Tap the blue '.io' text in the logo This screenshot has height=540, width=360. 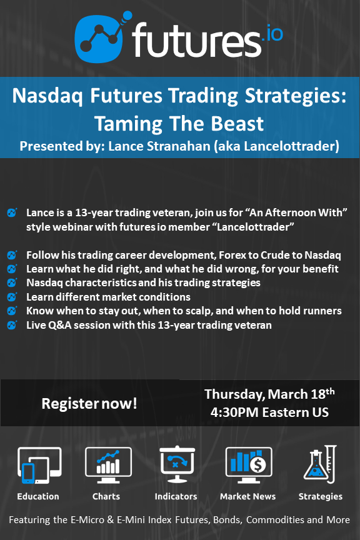coord(272,33)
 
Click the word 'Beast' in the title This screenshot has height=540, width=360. coord(237,124)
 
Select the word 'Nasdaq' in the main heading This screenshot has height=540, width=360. coord(47,96)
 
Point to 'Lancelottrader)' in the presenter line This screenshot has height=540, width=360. coord(292,146)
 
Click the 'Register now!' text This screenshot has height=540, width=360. coord(89,403)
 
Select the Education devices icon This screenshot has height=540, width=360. coord(39,465)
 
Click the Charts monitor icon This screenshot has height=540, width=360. coord(108,464)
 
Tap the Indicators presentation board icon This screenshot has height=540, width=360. coord(177,464)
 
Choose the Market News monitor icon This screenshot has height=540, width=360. coord(248,464)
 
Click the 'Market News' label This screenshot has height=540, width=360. coord(247,496)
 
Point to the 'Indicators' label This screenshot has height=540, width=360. coord(176,496)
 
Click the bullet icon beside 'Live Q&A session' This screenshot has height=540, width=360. coord(12,325)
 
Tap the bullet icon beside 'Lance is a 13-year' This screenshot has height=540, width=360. coord(12,212)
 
